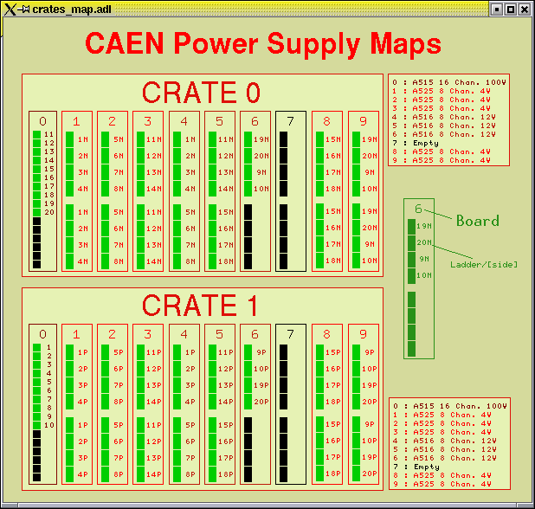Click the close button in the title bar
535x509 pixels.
pyautogui.click(x=525, y=10)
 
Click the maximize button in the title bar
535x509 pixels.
pyautogui.click(x=511, y=10)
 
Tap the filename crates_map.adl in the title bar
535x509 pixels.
pyautogui.click(x=72, y=10)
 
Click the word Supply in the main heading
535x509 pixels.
pyautogui.click(x=313, y=44)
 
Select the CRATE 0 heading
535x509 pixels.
pyautogui.click(x=201, y=93)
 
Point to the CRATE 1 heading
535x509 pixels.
pyautogui.click(x=200, y=306)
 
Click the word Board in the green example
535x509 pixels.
pyautogui.click(x=478, y=221)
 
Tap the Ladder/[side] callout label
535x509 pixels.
pyautogui.click(x=484, y=264)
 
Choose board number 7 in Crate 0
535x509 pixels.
pyautogui.click(x=290, y=121)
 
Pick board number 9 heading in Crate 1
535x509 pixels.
pyautogui.click(x=363, y=334)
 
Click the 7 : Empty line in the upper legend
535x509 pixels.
pyautogui.click(x=416, y=143)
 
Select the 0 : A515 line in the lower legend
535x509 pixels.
pyautogui.click(x=450, y=406)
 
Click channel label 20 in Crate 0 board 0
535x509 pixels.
pyautogui.click(x=49, y=212)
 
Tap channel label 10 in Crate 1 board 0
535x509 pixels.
pyautogui.click(x=49, y=425)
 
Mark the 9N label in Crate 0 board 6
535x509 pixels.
pyautogui.click(x=261, y=172)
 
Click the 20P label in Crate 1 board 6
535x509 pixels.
pyautogui.click(x=261, y=402)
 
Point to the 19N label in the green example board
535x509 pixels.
pyautogui.click(x=424, y=226)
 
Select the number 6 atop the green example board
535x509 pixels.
pyautogui.click(x=418, y=209)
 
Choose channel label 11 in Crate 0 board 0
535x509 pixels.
pyautogui.click(x=49, y=134)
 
